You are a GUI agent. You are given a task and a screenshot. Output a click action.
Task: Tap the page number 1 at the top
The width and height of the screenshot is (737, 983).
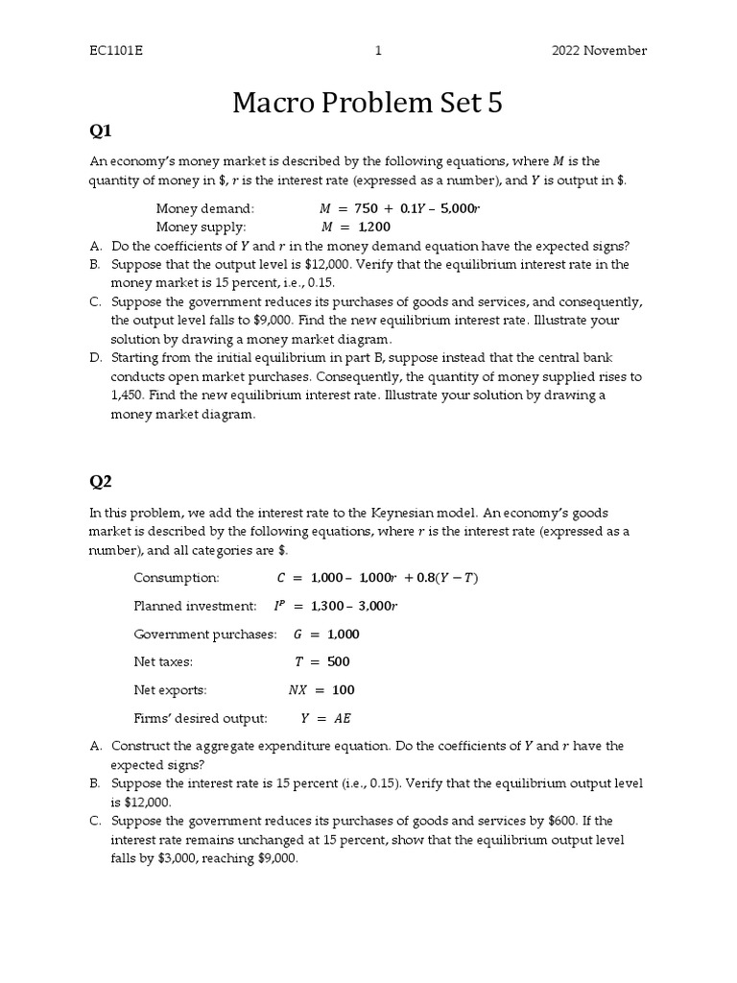(379, 51)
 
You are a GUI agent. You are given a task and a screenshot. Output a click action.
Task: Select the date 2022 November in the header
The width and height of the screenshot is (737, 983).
(599, 51)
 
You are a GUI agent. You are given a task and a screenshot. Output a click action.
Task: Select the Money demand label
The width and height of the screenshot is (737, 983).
(205, 208)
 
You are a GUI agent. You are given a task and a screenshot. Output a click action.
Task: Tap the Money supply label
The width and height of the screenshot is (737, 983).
(202, 227)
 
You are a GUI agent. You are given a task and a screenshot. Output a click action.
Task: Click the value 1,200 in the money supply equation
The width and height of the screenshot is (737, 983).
(375, 227)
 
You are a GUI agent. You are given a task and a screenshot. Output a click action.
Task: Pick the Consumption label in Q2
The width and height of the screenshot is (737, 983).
(177, 578)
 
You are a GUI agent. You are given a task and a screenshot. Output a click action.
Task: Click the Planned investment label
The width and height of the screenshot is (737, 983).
(195, 606)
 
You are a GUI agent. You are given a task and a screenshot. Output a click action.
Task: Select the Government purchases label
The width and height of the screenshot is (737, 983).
(204, 634)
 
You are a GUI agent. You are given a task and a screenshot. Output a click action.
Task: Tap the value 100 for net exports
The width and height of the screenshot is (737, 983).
(343, 689)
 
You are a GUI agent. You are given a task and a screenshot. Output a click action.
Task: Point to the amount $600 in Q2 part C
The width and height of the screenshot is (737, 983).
(564, 821)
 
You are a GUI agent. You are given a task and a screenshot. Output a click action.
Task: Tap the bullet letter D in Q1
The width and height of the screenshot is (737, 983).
(96, 358)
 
